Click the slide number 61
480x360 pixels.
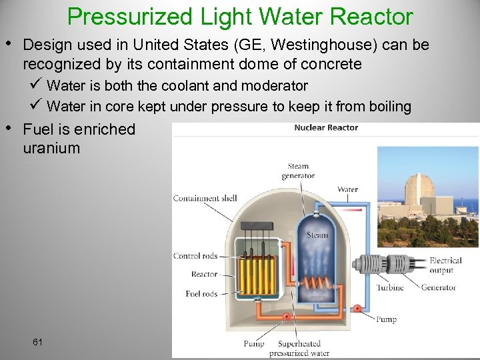37,342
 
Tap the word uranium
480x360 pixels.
51,148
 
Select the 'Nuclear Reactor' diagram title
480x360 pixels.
326,127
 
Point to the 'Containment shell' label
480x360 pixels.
205,198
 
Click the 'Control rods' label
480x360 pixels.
195,256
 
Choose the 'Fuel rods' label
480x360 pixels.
201,293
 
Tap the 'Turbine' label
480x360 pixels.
389,287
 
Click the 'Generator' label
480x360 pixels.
438,287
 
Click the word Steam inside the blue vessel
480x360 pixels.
317,235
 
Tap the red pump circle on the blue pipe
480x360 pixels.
357,309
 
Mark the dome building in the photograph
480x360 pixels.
421,189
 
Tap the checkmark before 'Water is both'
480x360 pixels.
39,85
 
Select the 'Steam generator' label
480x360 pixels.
298,171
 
